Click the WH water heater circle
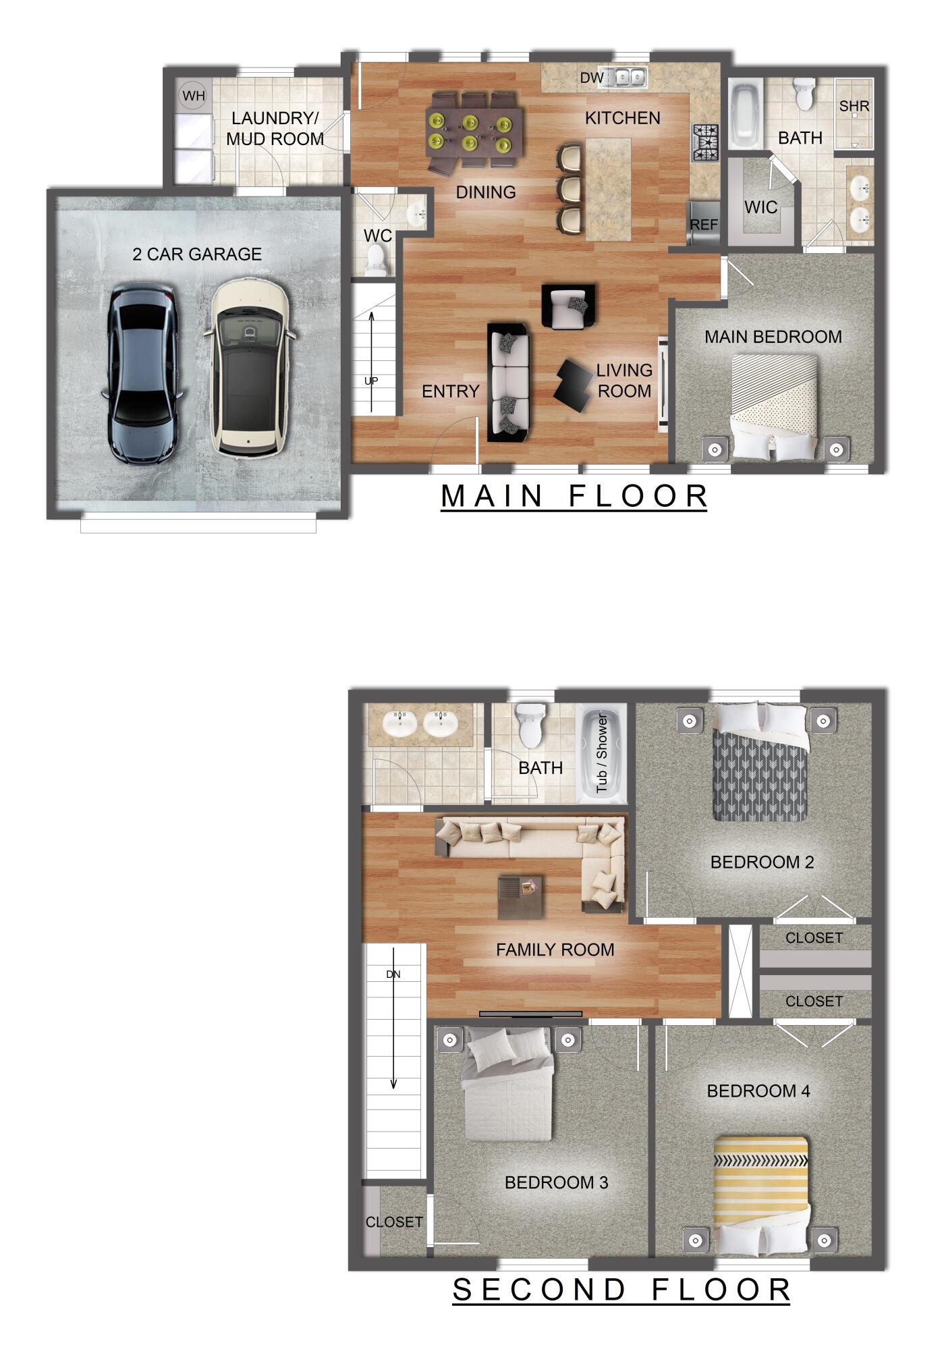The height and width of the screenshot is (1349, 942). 194,96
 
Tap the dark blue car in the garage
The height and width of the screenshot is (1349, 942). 142,373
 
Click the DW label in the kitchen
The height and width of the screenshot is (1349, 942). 592,78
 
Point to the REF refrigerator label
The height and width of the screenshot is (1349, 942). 704,225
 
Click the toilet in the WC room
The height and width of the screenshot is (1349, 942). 377,260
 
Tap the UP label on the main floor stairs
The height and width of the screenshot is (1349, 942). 371,381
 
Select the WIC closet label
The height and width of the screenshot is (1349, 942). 760,207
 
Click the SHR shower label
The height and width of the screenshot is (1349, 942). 854,107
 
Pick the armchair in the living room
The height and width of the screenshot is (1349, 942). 568,307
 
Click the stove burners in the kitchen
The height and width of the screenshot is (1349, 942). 705,143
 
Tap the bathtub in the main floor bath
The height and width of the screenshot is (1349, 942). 745,114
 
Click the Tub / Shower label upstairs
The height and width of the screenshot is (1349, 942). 601,753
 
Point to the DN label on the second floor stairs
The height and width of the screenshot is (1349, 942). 393,974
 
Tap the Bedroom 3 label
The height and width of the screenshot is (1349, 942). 556,1182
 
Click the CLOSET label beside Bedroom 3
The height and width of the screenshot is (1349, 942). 394,1222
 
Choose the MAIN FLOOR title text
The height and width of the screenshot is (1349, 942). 574,496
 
